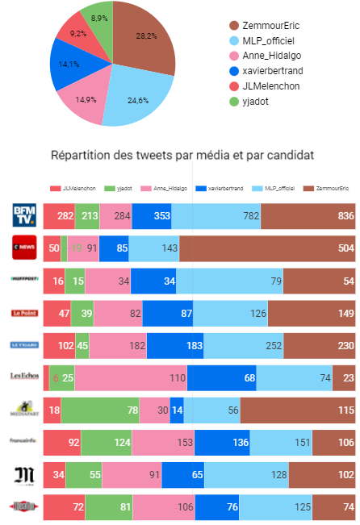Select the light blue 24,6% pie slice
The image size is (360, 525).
coord(137,97)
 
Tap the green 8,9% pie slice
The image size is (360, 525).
coord(98,24)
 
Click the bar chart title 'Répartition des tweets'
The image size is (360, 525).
coord(182,154)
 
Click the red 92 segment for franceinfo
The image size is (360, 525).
coord(62,442)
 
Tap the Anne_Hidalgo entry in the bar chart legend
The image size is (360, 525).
coord(166,187)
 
